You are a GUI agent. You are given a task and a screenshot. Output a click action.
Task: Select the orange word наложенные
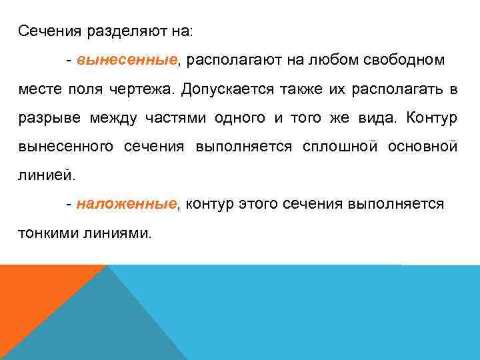(x=127, y=204)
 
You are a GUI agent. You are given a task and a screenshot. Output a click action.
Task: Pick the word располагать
(x=396, y=89)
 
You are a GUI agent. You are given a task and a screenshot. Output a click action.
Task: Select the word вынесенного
(x=65, y=147)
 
